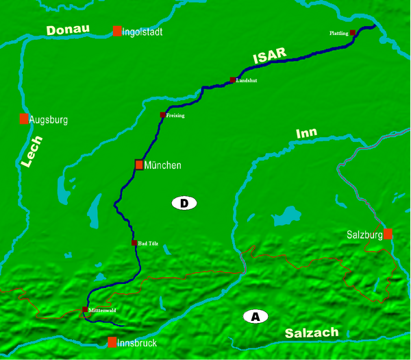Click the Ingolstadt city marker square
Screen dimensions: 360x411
117,31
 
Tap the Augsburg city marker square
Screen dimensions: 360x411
24,119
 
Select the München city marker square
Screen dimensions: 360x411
139,165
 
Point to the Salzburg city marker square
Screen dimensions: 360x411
388,234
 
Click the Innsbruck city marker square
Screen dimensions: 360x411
112,342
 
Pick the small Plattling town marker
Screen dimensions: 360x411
353,33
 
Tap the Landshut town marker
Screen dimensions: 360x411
233,80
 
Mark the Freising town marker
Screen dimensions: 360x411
162,115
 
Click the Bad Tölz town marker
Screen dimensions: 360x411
134,243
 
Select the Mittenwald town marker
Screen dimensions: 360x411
85,310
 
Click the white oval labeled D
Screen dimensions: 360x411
184,203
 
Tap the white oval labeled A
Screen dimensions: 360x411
256,317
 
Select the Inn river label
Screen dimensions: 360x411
306,132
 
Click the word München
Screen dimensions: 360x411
163,165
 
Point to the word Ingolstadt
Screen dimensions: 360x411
143,32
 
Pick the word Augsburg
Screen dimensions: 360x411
48,120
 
